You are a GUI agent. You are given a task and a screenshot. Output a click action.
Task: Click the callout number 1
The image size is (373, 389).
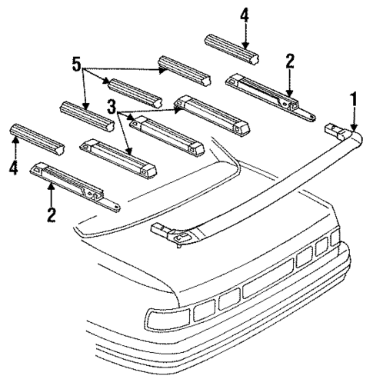coord(354,99)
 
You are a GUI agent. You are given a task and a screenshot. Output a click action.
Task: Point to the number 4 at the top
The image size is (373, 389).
coord(245,15)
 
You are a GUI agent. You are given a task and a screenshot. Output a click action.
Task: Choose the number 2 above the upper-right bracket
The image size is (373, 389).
coord(290,62)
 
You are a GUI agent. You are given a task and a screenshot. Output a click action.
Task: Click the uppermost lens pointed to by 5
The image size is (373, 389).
coord(184,70)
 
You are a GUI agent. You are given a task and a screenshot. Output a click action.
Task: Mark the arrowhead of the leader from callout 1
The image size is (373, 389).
coord(354,127)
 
